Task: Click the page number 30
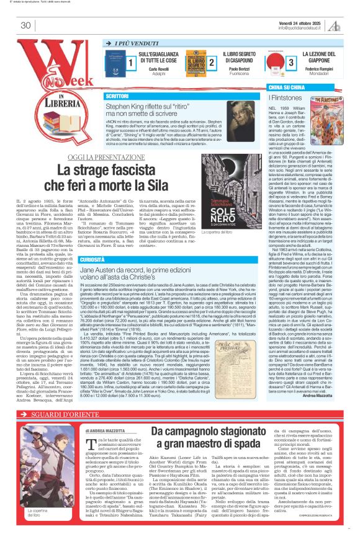(x=25, y=25)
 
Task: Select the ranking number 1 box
(x=131, y=63)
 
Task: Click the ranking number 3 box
(x=291, y=63)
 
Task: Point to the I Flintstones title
(x=286, y=98)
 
